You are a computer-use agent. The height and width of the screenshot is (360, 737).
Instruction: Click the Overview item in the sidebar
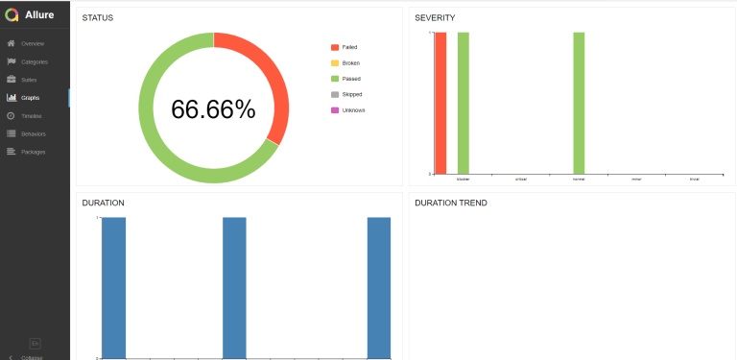(33, 43)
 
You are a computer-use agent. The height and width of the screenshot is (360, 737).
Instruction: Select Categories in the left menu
(34, 61)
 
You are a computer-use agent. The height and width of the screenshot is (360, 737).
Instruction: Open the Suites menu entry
(29, 79)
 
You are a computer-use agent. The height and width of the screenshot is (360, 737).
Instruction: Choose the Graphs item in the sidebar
(30, 97)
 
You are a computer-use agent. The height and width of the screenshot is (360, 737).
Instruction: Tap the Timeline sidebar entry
(32, 115)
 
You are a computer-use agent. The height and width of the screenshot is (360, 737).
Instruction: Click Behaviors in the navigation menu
(33, 133)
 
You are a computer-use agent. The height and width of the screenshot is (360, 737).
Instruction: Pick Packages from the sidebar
(33, 152)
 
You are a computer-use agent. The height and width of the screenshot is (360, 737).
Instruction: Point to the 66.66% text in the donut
(213, 108)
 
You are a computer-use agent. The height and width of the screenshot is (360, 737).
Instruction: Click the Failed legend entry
(349, 46)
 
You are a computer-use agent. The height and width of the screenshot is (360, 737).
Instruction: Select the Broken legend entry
(350, 62)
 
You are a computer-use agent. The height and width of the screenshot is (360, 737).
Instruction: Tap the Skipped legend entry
(351, 94)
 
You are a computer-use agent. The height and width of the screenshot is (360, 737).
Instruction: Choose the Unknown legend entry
(352, 109)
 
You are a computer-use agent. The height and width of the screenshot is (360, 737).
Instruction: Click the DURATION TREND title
(450, 203)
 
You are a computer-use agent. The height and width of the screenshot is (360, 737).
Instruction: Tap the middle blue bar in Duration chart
(234, 287)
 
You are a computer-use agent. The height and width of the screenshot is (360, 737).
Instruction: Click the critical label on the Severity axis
(521, 179)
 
